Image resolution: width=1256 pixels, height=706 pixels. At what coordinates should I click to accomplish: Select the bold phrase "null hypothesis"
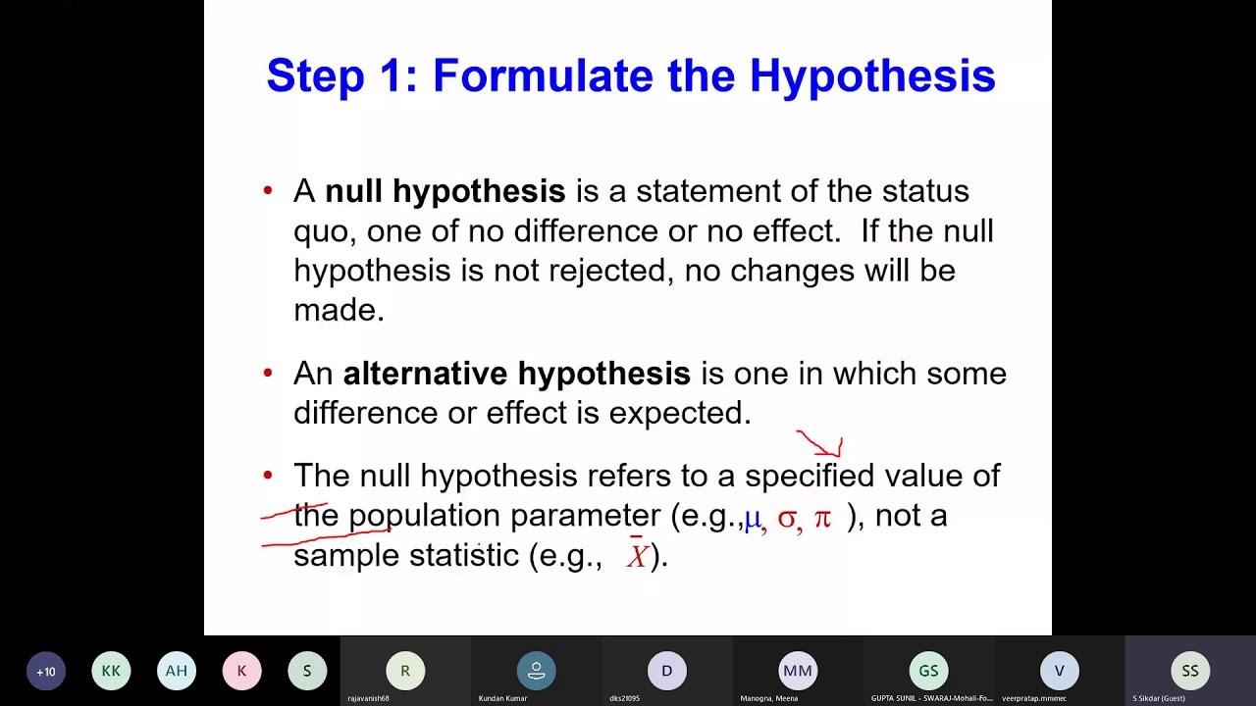(x=445, y=191)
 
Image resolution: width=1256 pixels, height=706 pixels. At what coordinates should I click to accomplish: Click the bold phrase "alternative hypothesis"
(x=516, y=374)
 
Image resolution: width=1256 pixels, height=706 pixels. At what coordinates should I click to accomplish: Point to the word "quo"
(x=325, y=231)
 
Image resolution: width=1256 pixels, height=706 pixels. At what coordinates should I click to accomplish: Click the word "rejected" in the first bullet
(x=608, y=271)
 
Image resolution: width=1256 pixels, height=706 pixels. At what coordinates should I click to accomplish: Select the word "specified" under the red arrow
(x=809, y=477)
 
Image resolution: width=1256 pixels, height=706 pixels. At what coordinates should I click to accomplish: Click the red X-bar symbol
(x=638, y=555)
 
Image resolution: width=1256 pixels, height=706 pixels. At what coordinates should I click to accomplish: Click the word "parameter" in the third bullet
(x=585, y=516)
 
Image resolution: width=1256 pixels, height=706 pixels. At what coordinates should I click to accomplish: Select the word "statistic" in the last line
(x=463, y=555)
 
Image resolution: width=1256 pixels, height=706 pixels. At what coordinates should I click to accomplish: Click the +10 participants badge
(x=46, y=672)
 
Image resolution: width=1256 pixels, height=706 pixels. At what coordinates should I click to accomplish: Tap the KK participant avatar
(x=111, y=672)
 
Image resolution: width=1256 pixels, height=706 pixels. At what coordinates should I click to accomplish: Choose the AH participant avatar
(x=177, y=672)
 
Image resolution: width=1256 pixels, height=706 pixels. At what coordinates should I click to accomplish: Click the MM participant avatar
(x=797, y=672)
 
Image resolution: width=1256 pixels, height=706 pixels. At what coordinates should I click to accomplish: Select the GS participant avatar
(x=928, y=672)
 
